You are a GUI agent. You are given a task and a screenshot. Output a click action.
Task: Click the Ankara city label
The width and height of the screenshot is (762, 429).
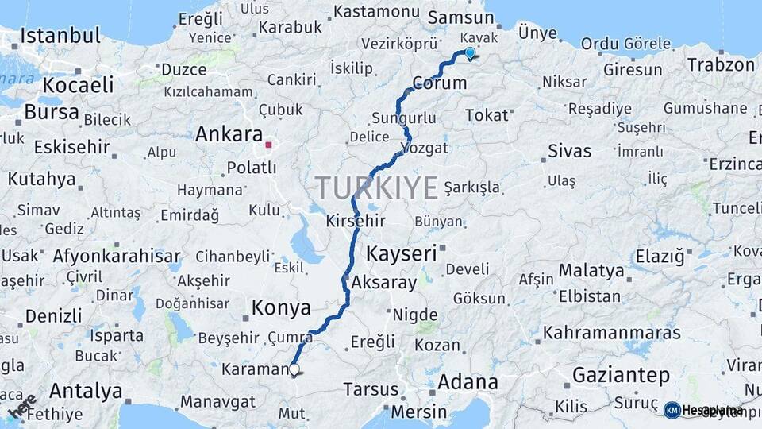[229, 134]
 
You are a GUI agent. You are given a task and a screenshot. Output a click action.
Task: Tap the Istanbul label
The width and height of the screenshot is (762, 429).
[60, 36]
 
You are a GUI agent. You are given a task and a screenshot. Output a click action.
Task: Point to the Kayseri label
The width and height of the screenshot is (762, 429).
[402, 254]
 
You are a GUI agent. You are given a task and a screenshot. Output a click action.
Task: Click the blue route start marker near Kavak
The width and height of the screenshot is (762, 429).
[469, 53]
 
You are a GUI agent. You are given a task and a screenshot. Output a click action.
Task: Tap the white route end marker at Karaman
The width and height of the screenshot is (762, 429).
[294, 369]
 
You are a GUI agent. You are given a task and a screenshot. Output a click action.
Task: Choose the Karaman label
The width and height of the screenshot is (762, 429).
[253, 369]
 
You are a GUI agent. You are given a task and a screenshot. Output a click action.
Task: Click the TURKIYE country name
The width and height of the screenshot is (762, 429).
[377, 188]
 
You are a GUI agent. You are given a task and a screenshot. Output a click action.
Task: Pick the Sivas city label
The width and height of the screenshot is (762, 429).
[569, 150]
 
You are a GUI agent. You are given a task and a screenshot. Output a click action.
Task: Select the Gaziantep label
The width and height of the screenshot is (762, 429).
[621, 375]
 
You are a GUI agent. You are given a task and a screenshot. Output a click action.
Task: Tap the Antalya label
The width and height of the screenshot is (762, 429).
[86, 391]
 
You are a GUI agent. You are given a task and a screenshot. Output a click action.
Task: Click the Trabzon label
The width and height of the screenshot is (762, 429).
[721, 65]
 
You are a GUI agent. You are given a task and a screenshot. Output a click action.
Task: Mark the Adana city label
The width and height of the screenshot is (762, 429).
[468, 382]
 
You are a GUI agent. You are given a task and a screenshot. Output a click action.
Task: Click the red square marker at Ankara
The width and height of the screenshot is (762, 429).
[269, 145]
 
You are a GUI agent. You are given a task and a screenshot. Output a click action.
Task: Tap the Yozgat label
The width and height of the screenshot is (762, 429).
[425, 148]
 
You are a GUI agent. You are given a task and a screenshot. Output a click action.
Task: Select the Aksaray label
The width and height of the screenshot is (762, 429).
[383, 282]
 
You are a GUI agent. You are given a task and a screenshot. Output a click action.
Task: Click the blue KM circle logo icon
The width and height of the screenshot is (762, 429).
[672, 410]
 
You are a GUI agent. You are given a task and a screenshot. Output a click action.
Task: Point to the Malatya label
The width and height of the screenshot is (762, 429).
[591, 270]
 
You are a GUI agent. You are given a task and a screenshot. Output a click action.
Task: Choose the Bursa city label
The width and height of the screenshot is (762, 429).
[52, 112]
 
